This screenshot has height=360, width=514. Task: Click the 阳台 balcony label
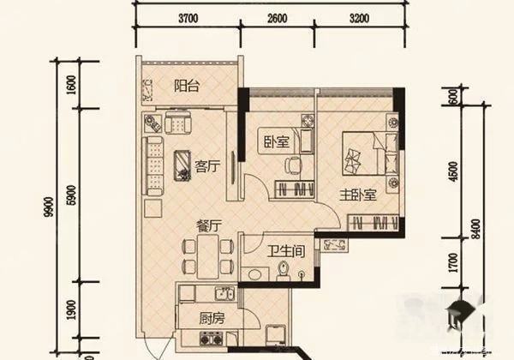tap(186, 85)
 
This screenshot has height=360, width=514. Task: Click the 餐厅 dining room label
tap(209, 225)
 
